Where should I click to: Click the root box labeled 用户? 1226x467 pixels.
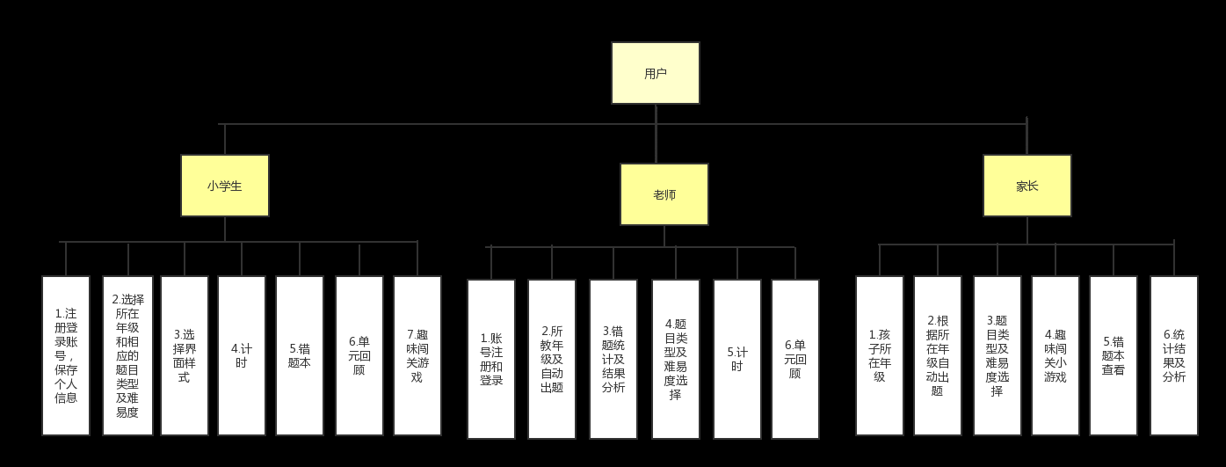(x=656, y=73)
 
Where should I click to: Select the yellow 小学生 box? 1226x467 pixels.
(x=225, y=186)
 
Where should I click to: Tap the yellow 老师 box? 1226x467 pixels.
(x=664, y=194)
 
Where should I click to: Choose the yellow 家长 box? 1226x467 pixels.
(x=1027, y=186)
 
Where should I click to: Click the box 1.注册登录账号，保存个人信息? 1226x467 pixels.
(x=66, y=355)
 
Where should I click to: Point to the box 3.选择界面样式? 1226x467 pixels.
(x=185, y=355)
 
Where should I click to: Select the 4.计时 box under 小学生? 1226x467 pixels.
(x=242, y=355)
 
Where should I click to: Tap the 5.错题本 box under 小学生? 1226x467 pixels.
(x=300, y=355)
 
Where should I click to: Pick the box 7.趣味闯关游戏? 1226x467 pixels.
(x=417, y=355)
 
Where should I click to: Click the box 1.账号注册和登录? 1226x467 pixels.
(x=491, y=359)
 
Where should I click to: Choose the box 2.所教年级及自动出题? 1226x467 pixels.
(x=552, y=359)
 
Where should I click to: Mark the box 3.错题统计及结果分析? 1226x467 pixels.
(x=613, y=359)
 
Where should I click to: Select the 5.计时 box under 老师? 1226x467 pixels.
(x=737, y=359)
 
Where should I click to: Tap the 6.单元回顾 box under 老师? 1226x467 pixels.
(x=795, y=359)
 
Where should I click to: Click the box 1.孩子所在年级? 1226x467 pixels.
(x=880, y=355)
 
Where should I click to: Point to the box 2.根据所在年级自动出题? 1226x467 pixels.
(x=938, y=355)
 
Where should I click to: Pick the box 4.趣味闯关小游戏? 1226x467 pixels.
(x=1056, y=355)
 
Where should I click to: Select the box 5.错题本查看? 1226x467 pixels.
(x=1114, y=355)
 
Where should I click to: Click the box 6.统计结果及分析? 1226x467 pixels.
(x=1174, y=355)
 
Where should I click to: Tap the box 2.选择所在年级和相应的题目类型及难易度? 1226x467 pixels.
(x=127, y=355)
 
